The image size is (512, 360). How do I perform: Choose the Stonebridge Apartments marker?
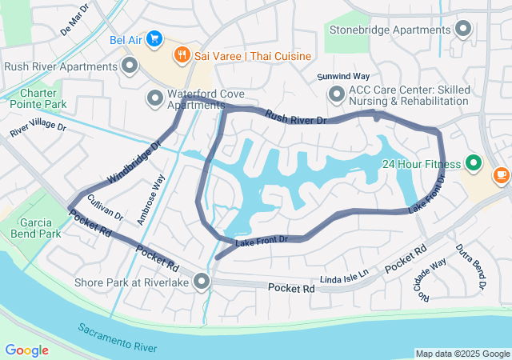[x=463, y=30]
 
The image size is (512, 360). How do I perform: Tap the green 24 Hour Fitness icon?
[x=474, y=164]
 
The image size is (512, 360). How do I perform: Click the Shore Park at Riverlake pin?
[x=202, y=282]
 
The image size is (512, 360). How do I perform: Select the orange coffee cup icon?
[x=502, y=173]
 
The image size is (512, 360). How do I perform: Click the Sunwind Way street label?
[x=343, y=76]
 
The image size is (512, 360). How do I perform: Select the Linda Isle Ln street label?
[x=345, y=274]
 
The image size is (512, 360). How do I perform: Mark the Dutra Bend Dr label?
[x=470, y=266]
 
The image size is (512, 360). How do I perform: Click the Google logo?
[x=26, y=350]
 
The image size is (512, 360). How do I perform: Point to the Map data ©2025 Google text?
[x=462, y=354]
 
